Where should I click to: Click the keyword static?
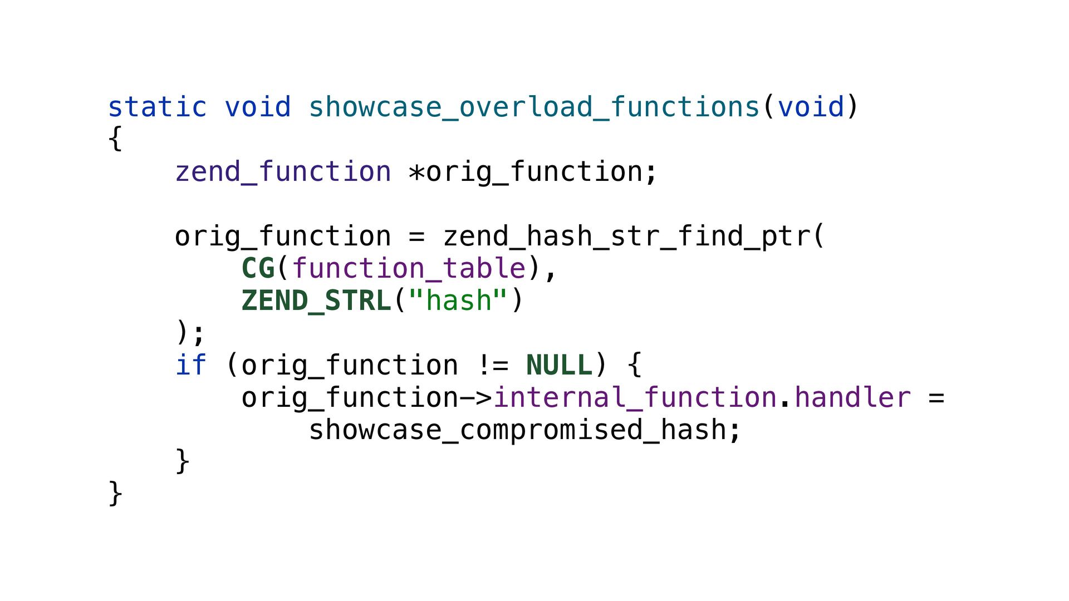156,107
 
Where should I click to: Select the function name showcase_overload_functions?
534,107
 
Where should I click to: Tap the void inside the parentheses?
811,107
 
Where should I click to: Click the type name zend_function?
283,171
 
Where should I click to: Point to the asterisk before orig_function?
416,173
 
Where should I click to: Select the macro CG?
258,268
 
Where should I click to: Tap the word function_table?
409,268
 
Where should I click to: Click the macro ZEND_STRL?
316,300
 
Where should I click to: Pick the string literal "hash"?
458,300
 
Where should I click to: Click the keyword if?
190,365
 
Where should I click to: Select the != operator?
493,365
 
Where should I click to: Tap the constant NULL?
559,365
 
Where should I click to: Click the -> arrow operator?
476,398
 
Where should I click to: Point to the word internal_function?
635,397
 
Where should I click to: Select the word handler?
852,397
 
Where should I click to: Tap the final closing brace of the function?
115,493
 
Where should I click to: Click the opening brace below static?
115,139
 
